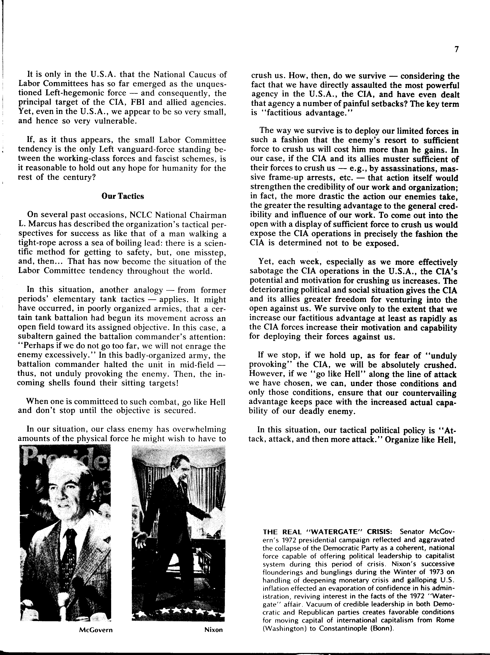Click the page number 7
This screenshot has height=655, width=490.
456,50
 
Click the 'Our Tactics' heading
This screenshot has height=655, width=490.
123,196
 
